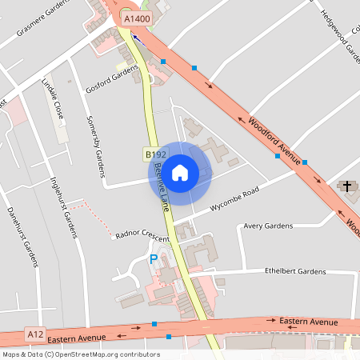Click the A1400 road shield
point(136,17)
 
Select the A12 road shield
point(34,334)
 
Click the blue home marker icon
point(180,172)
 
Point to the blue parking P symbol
point(154,259)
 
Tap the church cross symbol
point(346,186)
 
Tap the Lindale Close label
point(53,100)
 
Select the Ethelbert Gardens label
point(295,272)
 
